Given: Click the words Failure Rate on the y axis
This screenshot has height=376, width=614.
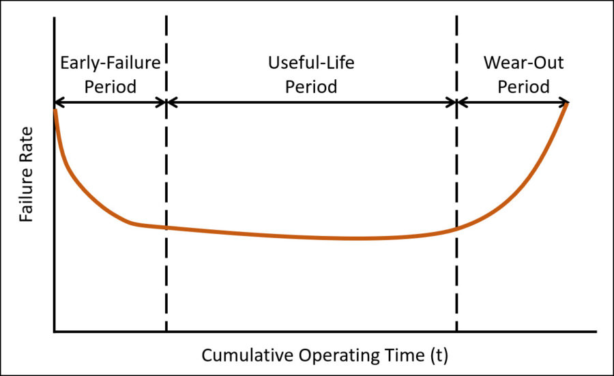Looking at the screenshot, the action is tap(26, 174).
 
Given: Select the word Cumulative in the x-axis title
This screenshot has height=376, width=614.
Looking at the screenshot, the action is tap(248, 356).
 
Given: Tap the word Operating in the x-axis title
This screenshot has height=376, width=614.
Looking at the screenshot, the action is tap(340, 356).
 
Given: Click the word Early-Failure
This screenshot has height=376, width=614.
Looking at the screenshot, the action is tap(111, 63).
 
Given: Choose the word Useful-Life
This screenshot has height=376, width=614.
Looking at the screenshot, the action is tap(311, 63).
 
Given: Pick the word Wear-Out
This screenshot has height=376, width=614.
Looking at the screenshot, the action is tap(523, 63).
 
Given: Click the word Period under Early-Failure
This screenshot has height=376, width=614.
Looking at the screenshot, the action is tap(111, 87).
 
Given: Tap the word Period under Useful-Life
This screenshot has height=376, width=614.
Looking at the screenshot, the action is tap(311, 87).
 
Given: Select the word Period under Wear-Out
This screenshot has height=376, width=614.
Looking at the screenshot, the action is tap(523, 87).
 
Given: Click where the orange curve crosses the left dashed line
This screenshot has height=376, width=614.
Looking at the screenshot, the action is tap(166, 227).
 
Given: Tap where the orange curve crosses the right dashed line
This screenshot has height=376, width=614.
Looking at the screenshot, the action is tap(456, 229).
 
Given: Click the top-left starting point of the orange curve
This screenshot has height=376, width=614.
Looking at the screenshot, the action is tap(55, 111).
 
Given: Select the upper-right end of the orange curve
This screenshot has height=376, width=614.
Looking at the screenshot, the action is tap(567, 104).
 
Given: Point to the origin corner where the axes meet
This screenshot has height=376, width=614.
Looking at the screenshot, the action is tap(55, 332).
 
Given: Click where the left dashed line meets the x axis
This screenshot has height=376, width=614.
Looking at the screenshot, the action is tap(166, 332).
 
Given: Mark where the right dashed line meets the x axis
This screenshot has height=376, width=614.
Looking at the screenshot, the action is tap(456, 332).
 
